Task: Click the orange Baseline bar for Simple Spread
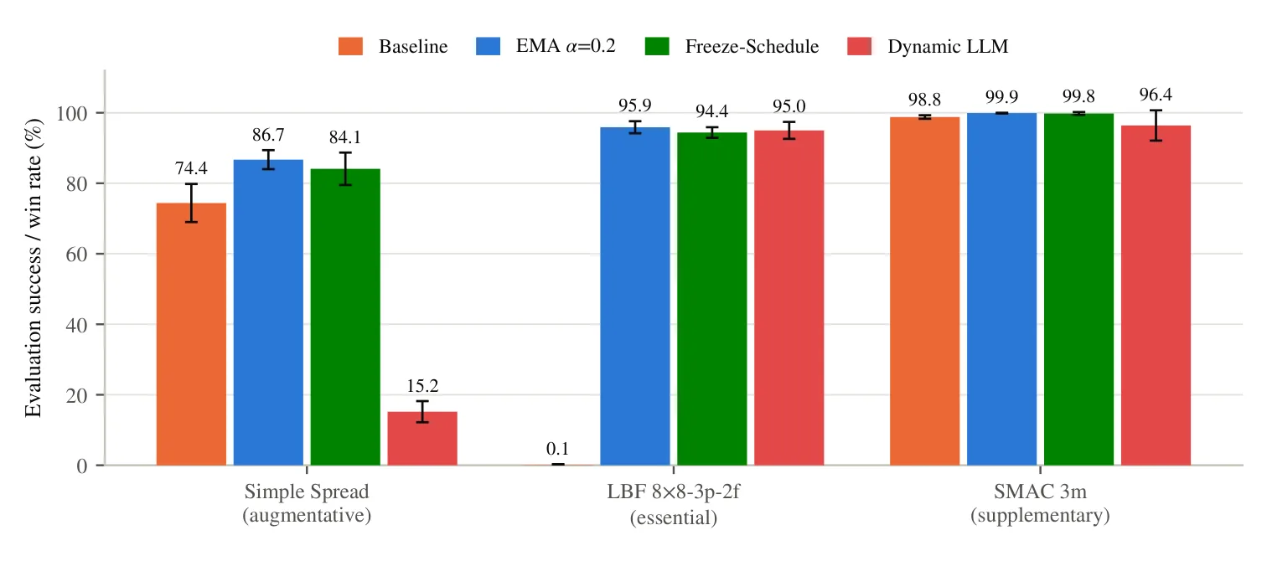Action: click(191, 334)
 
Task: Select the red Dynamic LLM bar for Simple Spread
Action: click(422, 439)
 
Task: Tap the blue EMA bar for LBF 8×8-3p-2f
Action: click(635, 296)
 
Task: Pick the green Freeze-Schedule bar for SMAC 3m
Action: click(1078, 289)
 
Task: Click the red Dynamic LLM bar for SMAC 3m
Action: click(1156, 296)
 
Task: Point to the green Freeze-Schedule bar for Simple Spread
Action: click(345, 317)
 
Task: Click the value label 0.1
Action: click(558, 449)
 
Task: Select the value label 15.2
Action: click(422, 386)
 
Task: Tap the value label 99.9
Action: click(1001, 97)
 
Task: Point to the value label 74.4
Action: click(191, 168)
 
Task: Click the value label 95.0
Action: click(789, 106)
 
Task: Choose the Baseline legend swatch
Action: click(350, 46)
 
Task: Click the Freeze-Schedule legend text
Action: click(752, 46)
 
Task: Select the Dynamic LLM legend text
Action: click(948, 46)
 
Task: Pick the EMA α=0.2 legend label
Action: click(566, 46)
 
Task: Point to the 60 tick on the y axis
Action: click(76, 255)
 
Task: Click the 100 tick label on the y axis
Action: click(72, 114)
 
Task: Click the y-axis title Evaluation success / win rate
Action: click(34, 268)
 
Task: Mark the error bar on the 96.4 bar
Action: click(1156, 126)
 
